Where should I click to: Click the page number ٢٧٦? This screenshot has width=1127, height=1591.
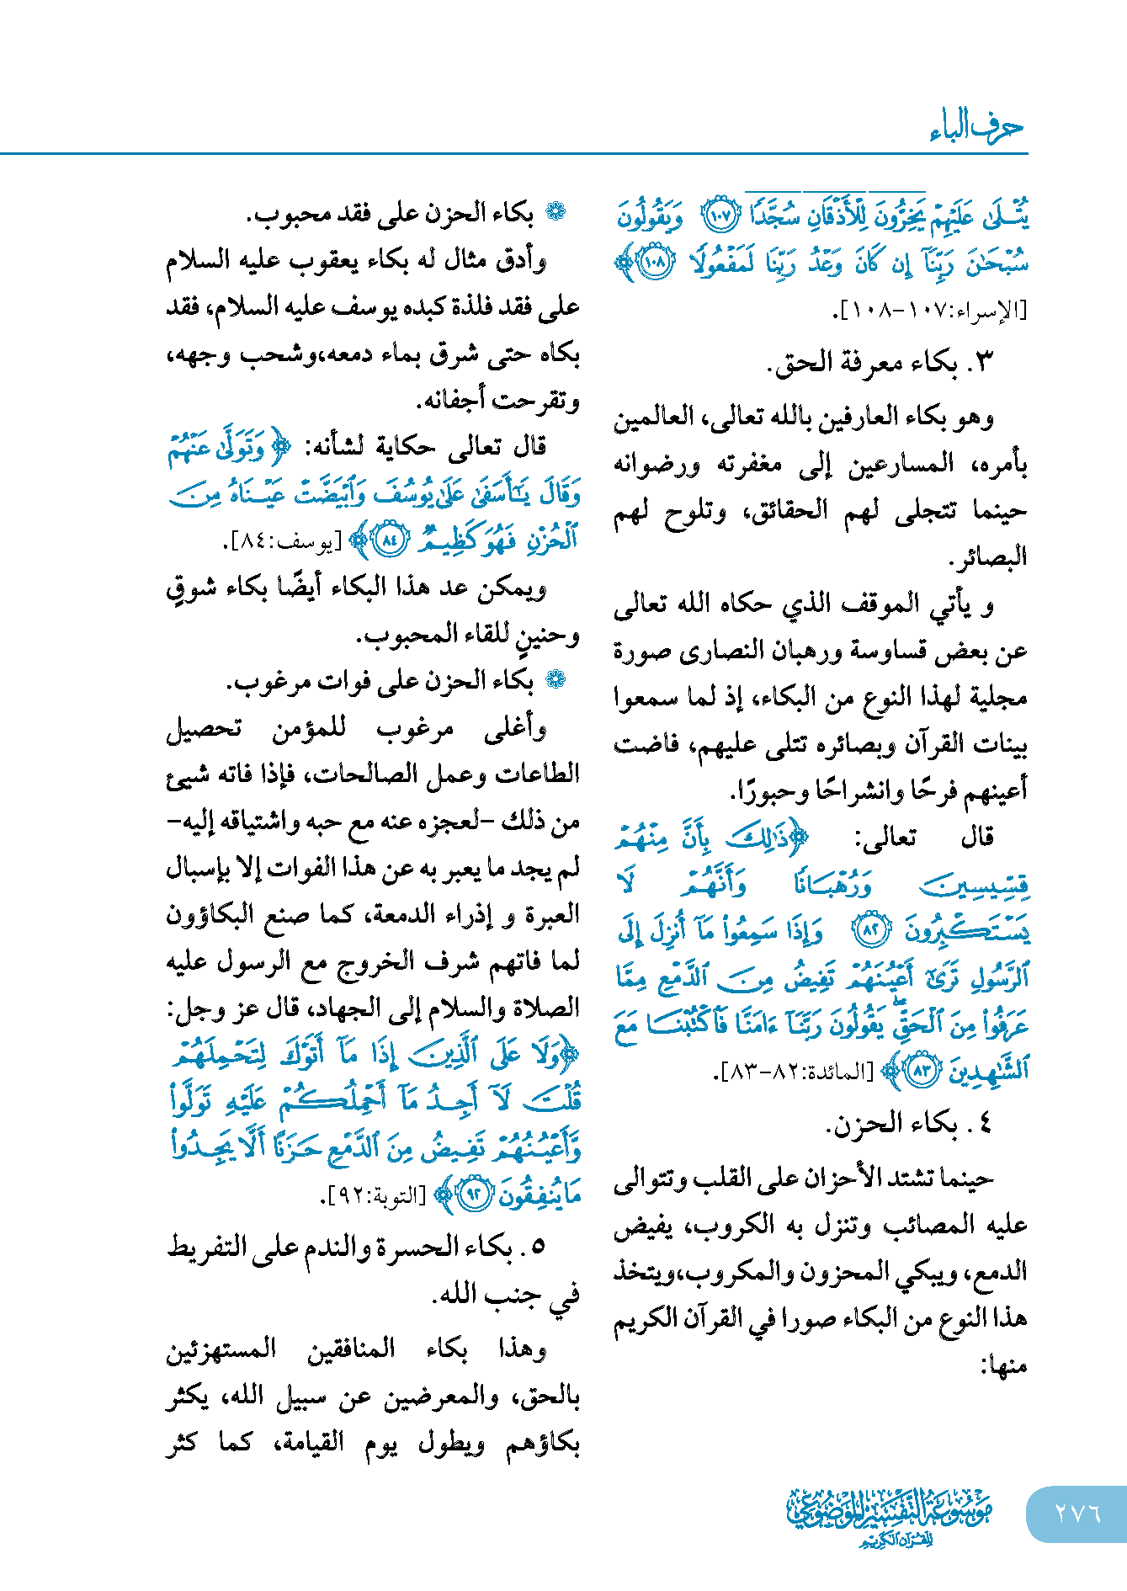click(1077, 1513)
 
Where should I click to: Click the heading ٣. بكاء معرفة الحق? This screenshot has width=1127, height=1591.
click(880, 363)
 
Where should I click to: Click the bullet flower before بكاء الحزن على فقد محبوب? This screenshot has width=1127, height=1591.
click(556, 212)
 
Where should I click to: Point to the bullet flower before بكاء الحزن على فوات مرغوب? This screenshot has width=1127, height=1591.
click(556, 679)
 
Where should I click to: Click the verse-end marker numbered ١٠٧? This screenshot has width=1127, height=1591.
click(720, 216)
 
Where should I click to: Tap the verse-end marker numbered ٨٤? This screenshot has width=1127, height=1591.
click(390, 540)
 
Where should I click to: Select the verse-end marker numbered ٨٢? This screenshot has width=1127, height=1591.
click(871, 930)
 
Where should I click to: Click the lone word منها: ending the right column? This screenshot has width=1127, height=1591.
click(1004, 1365)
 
